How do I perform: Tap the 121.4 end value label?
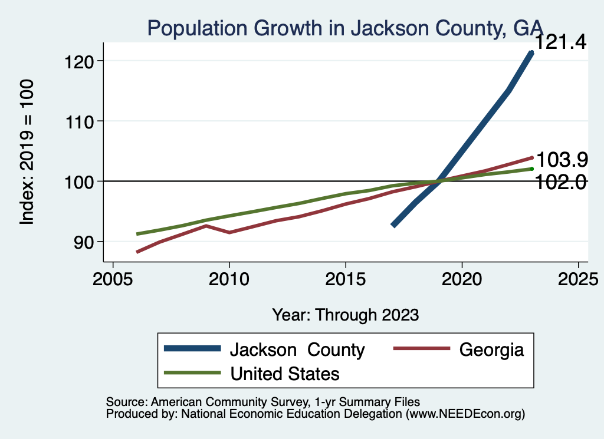pyautogui.click(x=560, y=42)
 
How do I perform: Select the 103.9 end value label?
pyautogui.click(x=560, y=160)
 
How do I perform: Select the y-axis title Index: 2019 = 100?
pyautogui.click(x=27, y=152)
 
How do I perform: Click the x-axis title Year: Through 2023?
pyautogui.click(x=345, y=315)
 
